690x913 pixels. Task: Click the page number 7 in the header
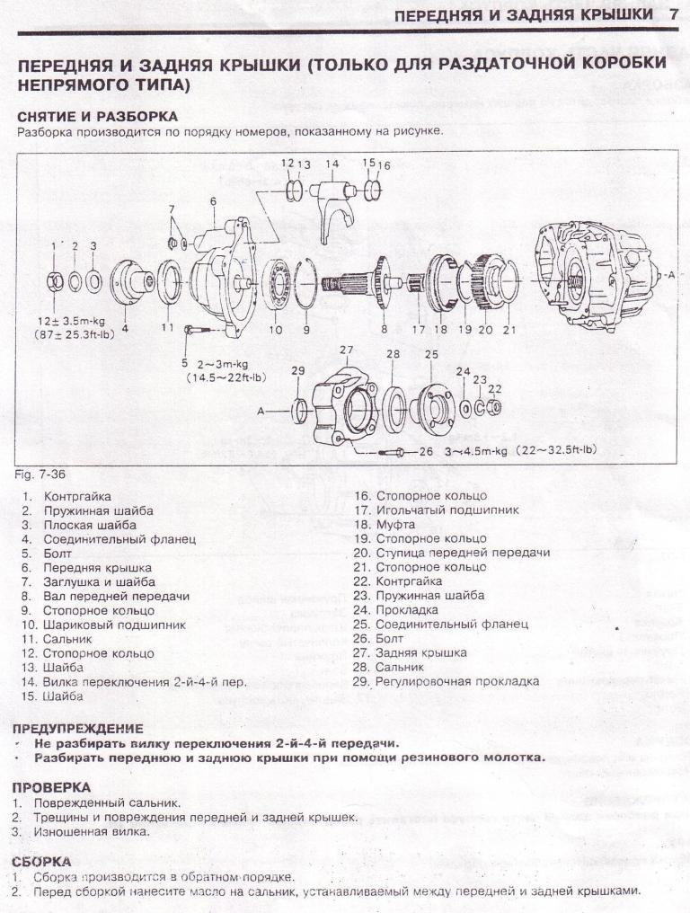pos(673,15)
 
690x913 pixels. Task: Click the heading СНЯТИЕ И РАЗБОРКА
pos(97,117)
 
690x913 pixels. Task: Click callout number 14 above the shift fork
pos(332,164)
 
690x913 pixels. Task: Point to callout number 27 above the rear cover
pos(347,349)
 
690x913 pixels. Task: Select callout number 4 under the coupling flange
pos(125,328)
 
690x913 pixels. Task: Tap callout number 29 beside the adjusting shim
pos(298,370)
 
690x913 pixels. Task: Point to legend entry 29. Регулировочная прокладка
pos(447,681)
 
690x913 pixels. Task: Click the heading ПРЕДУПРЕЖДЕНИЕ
pos(77,728)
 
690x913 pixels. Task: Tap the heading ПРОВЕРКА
pos(51,788)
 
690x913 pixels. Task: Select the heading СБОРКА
pos(41,861)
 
